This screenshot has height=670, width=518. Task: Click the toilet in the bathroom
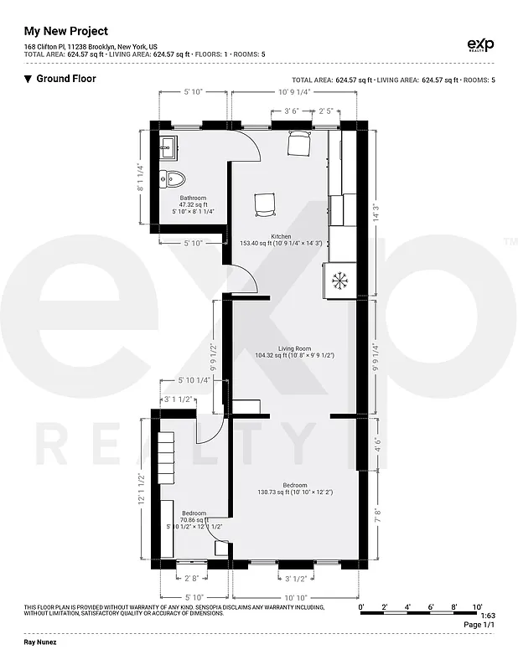pyautogui.click(x=175, y=178)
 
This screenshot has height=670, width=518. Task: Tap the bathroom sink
pyautogui.click(x=167, y=147)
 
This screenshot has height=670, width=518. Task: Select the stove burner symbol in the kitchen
pyautogui.click(x=340, y=280)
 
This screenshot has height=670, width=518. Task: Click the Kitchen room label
pyautogui.click(x=281, y=236)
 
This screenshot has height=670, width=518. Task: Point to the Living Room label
pyautogui.click(x=295, y=348)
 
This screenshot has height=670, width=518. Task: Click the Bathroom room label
pyautogui.click(x=192, y=198)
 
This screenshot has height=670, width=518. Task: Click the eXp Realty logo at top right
pyautogui.click(x=479, y=45)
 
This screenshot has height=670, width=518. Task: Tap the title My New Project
pyautogui.click(x=66, y=31)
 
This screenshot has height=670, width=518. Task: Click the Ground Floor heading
pyautogui.click(x=66, y=79)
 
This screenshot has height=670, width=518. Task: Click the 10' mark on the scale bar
pyautogui.click(x=477, y=606)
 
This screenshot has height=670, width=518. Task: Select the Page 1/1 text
pyautogui.click(x=479, y=625)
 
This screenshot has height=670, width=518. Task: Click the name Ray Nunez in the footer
pyautogui.click(x=40, y=644)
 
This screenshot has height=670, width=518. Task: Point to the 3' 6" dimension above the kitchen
pyautogui.click(x=292, y=111)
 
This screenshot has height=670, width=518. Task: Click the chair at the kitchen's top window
pyautogui.click(x=298, y=144)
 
